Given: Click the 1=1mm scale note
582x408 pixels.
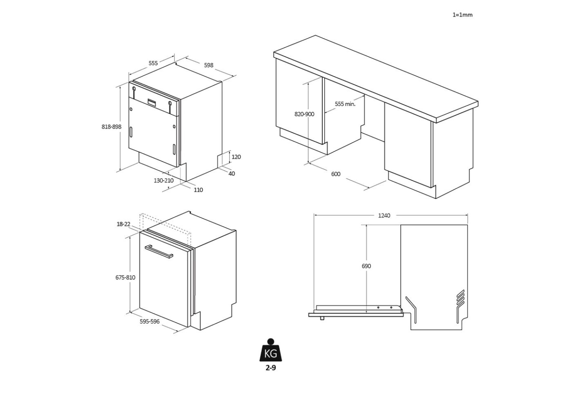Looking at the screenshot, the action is [462, 15].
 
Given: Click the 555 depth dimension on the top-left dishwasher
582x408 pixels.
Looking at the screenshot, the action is [153, 63].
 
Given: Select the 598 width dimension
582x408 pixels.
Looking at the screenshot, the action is [208, 65].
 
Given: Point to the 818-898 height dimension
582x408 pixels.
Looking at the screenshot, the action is [111, 126].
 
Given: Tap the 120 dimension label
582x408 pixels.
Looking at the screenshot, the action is [236, 157].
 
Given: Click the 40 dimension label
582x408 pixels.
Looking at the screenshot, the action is [232, 173].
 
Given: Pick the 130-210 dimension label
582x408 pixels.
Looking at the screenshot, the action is [164, 180].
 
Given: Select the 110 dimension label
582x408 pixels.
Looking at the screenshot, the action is [198, 190].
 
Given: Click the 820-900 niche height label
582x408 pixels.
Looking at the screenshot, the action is [304, 114].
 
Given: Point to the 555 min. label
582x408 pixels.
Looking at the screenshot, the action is [345, 104].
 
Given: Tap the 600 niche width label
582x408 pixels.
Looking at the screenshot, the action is [336, 174].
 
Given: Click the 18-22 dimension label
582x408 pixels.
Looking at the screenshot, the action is [123, 224].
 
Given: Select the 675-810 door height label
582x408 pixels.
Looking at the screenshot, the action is [125, 277].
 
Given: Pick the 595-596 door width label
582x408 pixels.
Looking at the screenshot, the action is [149, 322].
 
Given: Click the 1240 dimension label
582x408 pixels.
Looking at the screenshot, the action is [384, 215].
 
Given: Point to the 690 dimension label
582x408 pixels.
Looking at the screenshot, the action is [366, 266].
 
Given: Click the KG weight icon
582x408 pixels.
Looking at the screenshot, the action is [270, 350].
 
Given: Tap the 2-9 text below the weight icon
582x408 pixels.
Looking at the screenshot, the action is [270, 368].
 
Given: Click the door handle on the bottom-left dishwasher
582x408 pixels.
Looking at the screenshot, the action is [159, 251].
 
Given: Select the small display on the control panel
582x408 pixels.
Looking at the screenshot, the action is [152, 102].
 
